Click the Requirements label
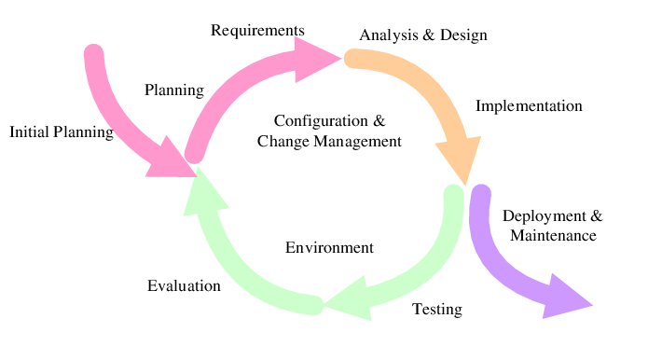click(257, 31)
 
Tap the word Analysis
click(389, 35)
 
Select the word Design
click(463, 35)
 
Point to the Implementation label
click(529, 106)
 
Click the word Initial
click(30, 132)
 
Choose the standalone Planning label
click(174, 90)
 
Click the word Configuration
click(321, 121)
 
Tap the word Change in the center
click(283, 142)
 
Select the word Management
click(357, 142)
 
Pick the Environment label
click(329, 247)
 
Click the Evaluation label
click(184, 286)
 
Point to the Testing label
click(437, 309)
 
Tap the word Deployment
click(544, 216)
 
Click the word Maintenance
click(553, 236)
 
